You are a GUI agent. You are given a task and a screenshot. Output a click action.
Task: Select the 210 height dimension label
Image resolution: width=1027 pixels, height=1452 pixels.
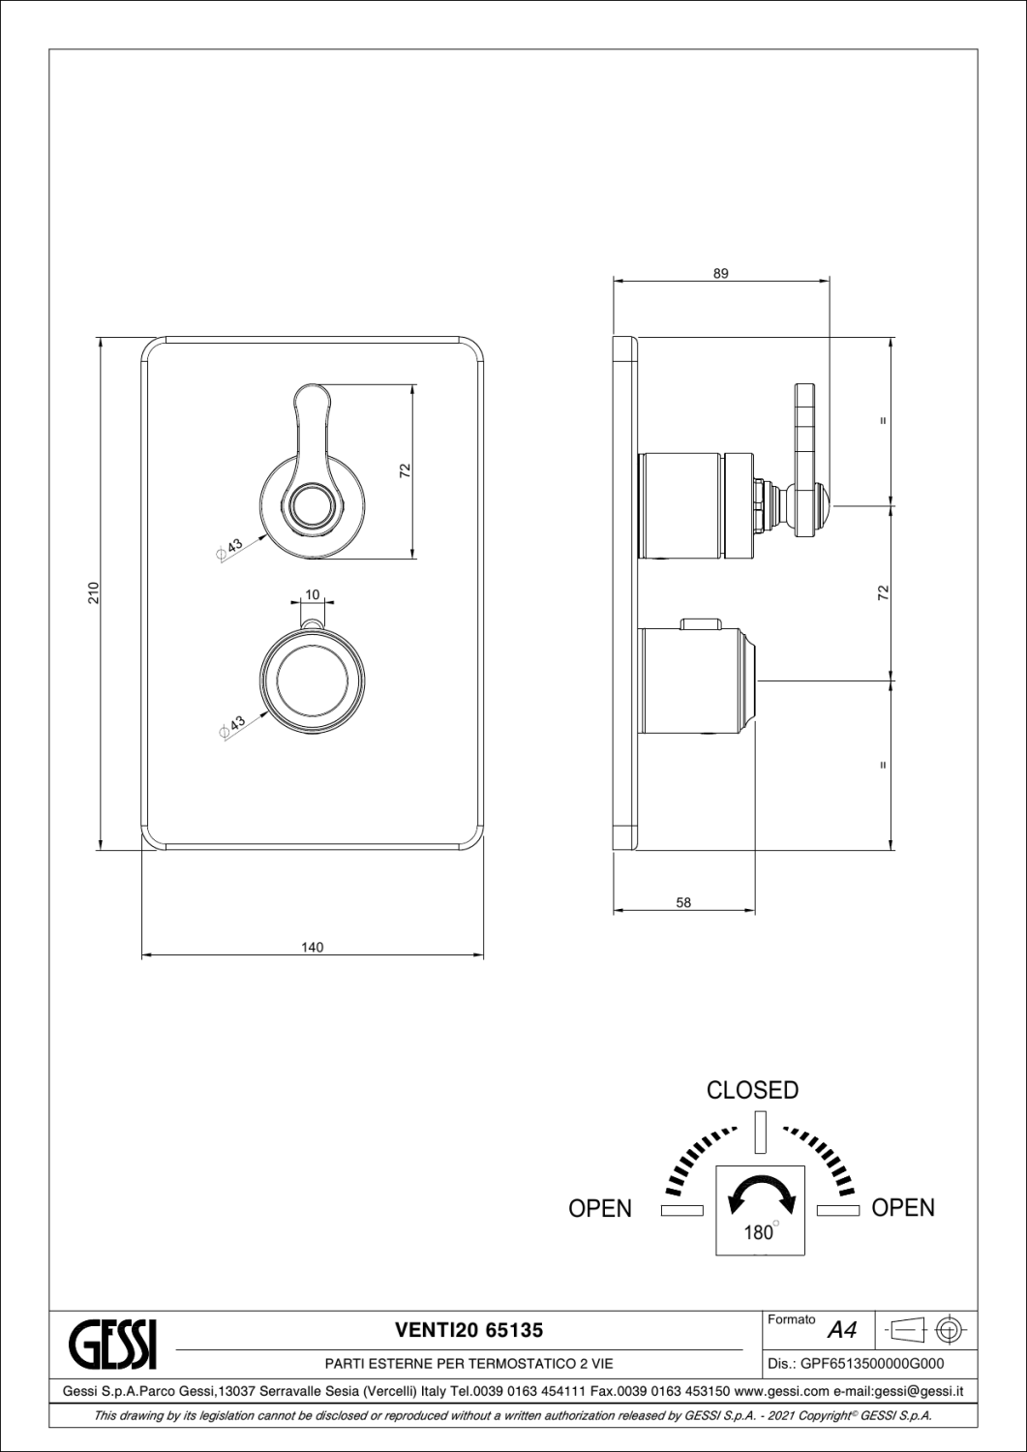(x=94, y=593)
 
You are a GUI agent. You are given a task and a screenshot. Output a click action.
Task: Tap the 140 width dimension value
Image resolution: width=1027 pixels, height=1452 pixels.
(x=313, y=947)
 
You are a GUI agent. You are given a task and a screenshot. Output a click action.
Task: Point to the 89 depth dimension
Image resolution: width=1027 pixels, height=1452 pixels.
(x=721, y=274)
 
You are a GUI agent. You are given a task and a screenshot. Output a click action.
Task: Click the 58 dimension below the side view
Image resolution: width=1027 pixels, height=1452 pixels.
(x=683, y=902)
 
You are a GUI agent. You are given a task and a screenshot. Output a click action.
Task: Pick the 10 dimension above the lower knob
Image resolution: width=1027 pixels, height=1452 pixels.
(x=313, y=594)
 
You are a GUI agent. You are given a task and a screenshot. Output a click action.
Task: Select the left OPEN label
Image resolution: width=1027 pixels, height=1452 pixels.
(x=600, y=1208)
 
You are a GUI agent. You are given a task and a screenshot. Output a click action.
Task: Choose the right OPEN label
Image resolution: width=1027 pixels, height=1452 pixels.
(x=903, y=1208)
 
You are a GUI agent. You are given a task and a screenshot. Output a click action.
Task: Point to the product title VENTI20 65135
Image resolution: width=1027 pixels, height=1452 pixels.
(x=469, y=1331)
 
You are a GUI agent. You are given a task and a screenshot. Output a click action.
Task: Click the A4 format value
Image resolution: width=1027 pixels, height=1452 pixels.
(x=842, y=1330)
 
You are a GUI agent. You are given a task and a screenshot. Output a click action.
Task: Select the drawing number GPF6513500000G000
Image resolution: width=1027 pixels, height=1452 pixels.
(x=873, y=1364)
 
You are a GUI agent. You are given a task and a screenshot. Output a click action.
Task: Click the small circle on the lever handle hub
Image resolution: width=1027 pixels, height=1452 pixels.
(x=313, y=503)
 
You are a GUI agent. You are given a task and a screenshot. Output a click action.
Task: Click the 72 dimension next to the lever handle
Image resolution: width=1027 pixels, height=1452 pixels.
(x=406, y=470)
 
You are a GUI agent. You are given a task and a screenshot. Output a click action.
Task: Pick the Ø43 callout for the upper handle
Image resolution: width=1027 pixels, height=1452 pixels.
(x=230, y=549)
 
